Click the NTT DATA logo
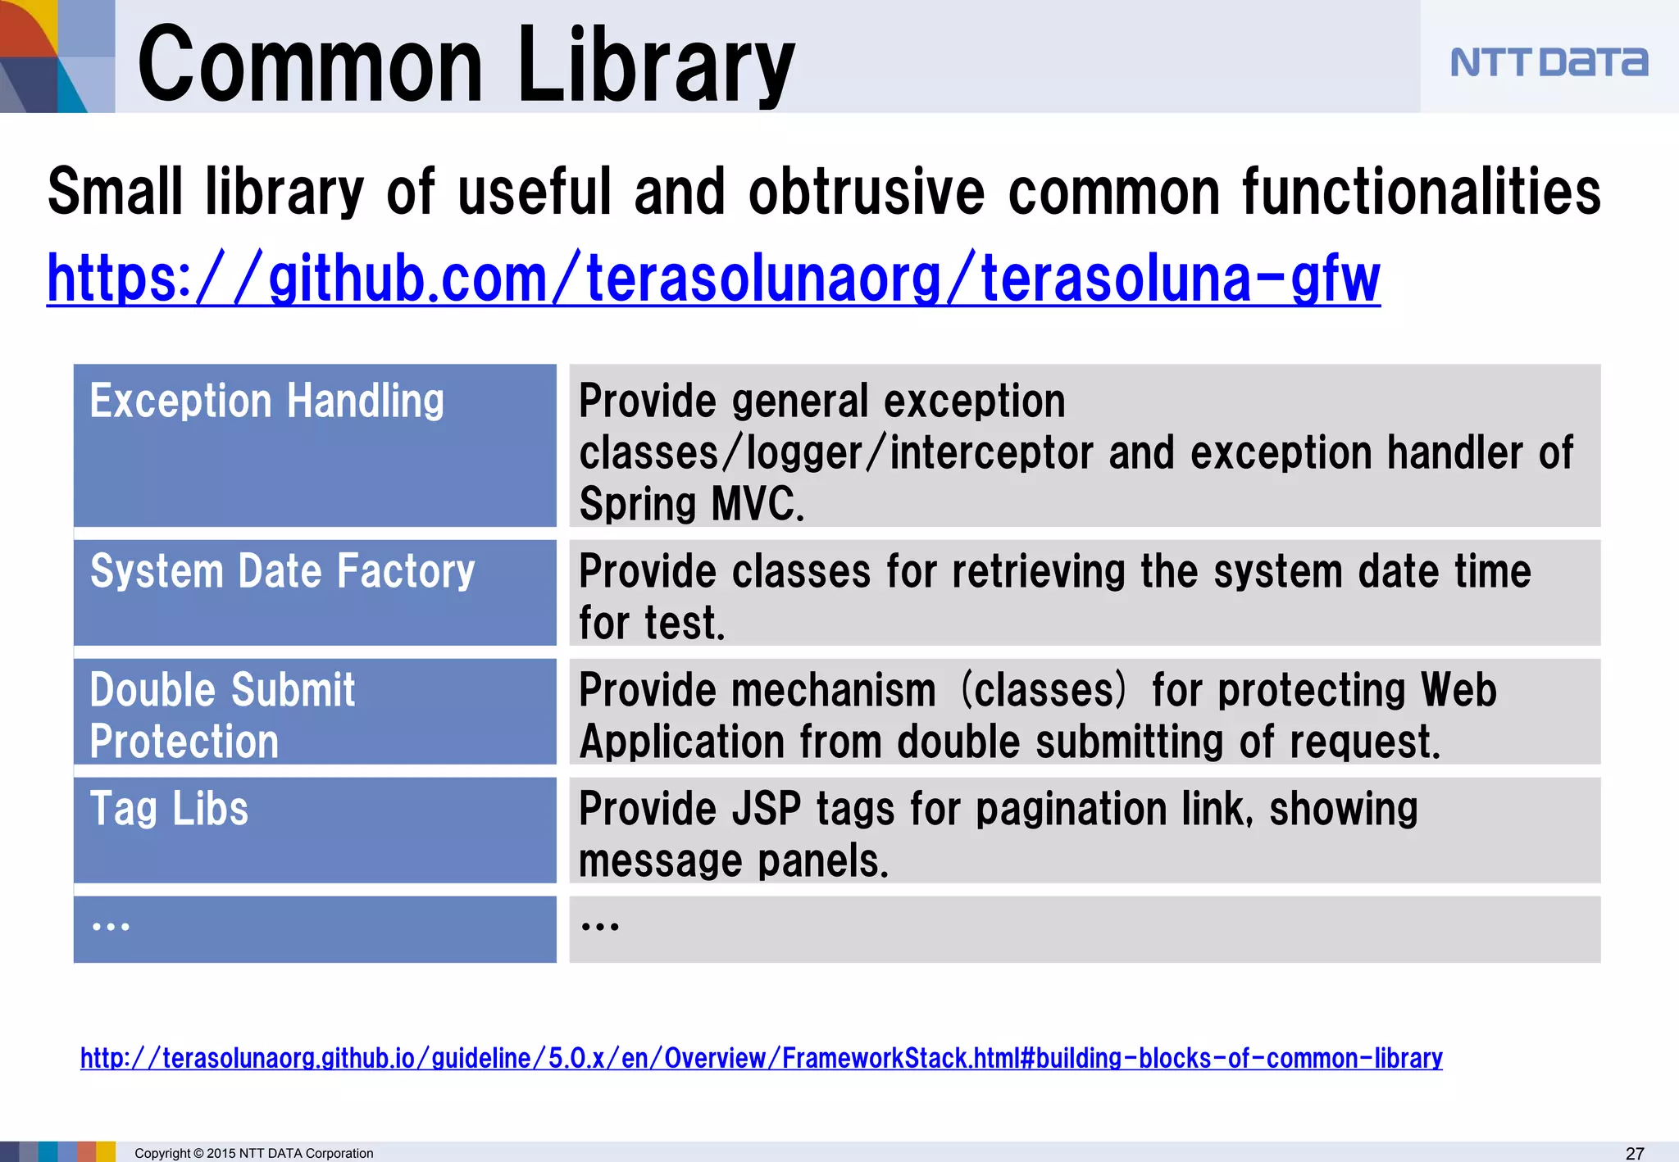click(1548, 62)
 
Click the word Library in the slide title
click(656, 66)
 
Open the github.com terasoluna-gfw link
click(713, 279)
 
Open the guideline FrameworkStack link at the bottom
click(761, 1058)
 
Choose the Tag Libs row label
click(169, 809)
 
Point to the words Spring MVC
click(691, 503)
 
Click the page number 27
click(1635, 1153)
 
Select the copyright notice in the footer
click(253, 1153)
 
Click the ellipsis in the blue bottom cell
click(111, 928)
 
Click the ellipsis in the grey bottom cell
click(599, 928)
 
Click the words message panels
click(733, 861)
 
